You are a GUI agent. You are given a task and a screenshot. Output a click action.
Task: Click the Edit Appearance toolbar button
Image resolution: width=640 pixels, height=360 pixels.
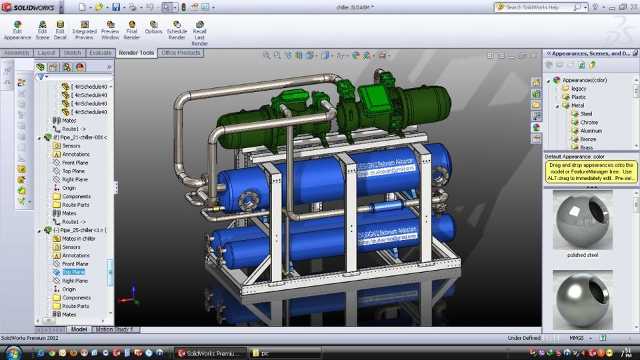[x=17, y=31]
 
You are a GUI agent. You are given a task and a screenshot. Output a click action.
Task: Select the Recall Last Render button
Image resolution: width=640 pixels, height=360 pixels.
[x=199, y=32]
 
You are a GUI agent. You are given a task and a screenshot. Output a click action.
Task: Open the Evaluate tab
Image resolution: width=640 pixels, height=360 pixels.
[x=100, y=53]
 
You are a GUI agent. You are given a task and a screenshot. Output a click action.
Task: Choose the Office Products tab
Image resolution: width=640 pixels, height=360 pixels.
[x=181, y=53]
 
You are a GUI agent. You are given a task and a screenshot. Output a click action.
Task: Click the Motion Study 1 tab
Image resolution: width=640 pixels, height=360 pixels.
[x=114, y=329]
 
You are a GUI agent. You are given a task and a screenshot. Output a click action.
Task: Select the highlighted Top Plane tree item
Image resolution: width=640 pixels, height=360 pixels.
[x=73, y=272]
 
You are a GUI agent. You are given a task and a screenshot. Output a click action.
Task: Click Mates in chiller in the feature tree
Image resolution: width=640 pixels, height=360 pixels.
[x=78, y=239]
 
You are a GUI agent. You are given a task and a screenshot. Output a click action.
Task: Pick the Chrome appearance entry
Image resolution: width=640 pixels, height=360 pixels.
[x=589, y=123]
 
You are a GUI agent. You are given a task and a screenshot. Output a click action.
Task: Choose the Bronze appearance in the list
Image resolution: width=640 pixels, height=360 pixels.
[x=588, y=139]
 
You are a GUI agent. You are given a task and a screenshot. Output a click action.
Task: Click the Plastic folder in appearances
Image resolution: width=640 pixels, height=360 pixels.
[x=578, y=97]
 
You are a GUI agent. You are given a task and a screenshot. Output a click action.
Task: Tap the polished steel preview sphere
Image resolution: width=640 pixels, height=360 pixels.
[x=582, y=220]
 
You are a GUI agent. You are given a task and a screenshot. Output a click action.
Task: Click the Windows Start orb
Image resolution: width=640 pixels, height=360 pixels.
[x=12, y=353]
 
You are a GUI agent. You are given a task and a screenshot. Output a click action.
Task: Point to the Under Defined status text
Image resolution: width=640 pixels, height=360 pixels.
[x=525, y=338]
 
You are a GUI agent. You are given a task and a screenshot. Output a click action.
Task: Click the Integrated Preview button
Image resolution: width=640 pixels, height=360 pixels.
[x=84, y=31]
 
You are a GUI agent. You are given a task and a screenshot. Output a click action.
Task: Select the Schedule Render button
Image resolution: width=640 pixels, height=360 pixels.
[x=177, y=31]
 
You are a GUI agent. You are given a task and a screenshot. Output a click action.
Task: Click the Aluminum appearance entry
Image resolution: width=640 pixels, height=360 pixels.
[x=591, y=131]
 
